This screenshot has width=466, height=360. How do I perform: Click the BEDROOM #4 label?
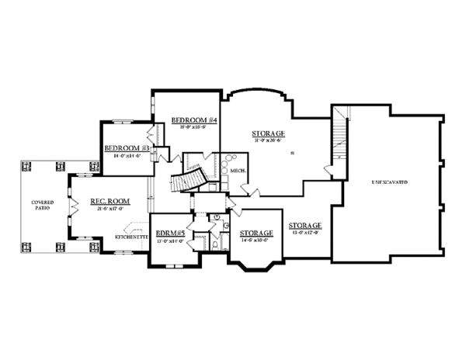point(193,120)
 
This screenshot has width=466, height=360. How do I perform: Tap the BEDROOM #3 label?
point(127,148)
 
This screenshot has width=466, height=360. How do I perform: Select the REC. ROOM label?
point(109,201)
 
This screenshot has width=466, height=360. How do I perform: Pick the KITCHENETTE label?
point(132,236)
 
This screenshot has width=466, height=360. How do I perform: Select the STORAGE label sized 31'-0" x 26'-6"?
point(268,133)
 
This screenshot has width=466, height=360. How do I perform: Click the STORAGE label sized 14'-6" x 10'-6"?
point(256,233)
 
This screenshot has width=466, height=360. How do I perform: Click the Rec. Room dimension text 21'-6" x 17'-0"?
point(109,209)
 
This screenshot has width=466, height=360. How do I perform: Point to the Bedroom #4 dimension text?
point(193,127)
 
